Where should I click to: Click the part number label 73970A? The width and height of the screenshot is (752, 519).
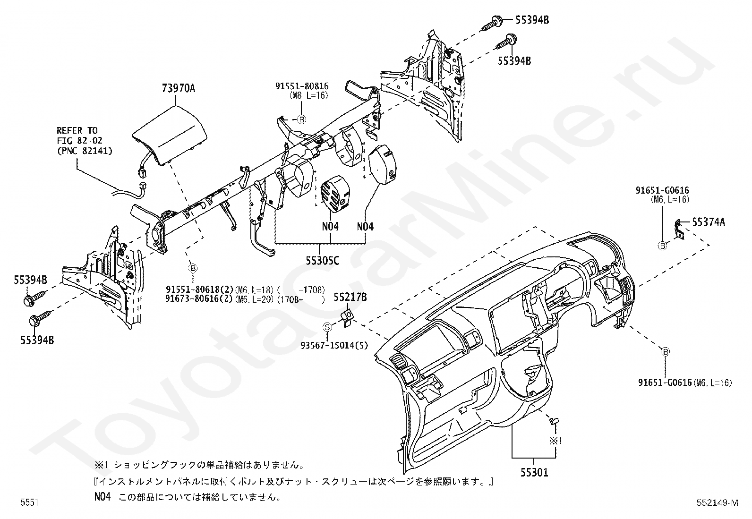click(x=178, y=88)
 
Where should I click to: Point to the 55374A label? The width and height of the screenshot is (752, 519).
click(x=709, y=221)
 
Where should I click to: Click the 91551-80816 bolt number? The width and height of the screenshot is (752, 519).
click(x=302, y=86)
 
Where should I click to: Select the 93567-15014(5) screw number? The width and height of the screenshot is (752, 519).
click(x=334, y=345)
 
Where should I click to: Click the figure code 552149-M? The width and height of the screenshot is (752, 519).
click(x=717, y=502)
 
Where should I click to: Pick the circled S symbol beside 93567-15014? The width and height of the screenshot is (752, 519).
click(x=326, y=326)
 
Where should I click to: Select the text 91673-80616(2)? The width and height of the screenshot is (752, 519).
click(x=199, y=298)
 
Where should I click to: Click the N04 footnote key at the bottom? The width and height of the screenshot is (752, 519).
click(x=102, y=497)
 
